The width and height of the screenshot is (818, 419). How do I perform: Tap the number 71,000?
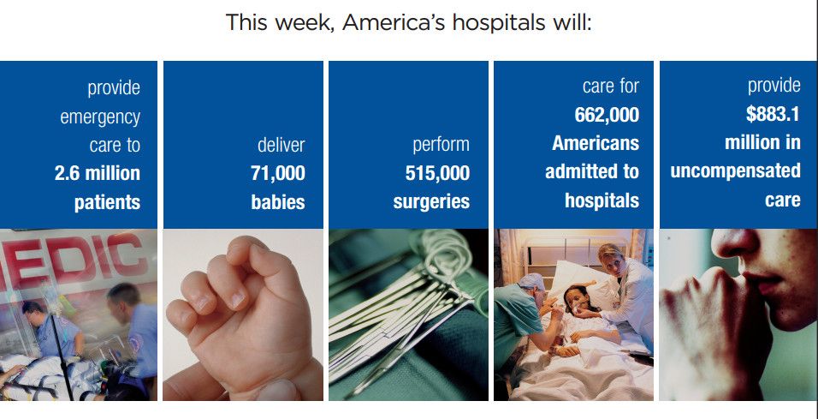click(278, 173)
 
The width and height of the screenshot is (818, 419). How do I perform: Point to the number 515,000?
click(437, 173)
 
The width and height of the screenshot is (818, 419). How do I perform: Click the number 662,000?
click(607, 115)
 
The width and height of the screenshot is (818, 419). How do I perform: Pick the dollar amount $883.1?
click(773, 115)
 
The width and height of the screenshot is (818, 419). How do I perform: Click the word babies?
click(278, 202)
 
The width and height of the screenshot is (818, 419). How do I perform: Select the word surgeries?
click(431, 202)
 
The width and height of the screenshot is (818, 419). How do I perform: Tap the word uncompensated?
click(735, 171)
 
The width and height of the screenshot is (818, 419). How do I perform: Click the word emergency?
click(100, 117)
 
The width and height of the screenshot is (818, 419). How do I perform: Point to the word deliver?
click(282, 145)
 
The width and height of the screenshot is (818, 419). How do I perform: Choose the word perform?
click(441, 146)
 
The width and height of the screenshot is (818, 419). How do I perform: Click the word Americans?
click(596, 143)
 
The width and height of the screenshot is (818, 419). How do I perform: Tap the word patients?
click(108, 202)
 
